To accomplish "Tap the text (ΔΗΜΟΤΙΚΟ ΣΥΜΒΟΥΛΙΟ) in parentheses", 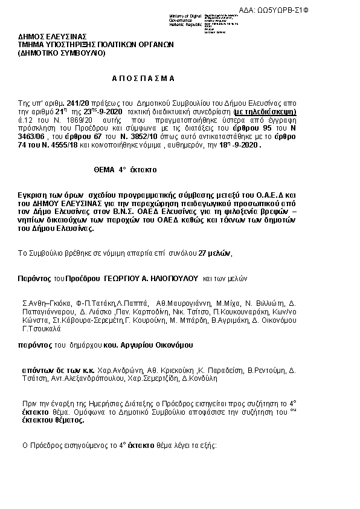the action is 62,53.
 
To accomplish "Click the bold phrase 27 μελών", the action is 214,253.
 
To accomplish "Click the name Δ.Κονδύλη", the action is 191,378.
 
